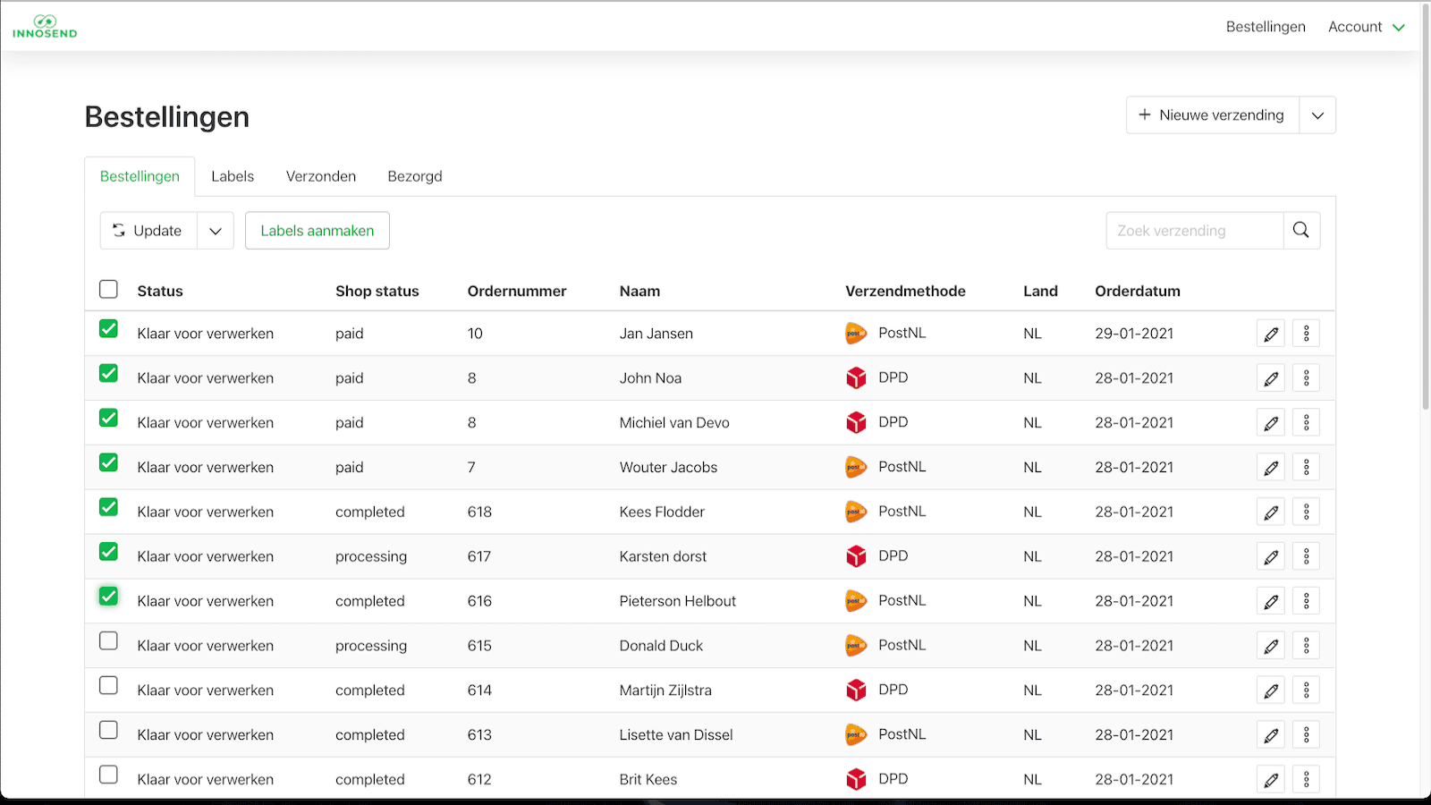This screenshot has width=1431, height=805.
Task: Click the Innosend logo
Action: pyautogui.click(x=45, y=27)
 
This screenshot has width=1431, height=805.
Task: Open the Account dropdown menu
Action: pyautogui.click(x=1366, y=27)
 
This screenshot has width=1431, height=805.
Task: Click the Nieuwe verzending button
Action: pyautogui.click(x=1212, y=115)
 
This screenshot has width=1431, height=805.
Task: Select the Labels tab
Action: pyautogui.click(x=233, y=176)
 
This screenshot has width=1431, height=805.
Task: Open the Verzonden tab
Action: pyautogui.click(x=321, y=176)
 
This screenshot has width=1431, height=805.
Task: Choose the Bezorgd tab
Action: pyautogui.click(x=415, y=176)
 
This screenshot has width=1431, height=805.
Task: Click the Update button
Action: pyautogui.click(x=148, y=231)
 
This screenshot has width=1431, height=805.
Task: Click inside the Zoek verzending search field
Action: pyautogui.click(x=1194, y=231)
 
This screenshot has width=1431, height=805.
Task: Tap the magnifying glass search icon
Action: pyautogui.click(x=1301, y=231)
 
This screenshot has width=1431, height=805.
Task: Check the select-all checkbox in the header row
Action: pyautogui.click(x=108, y=289)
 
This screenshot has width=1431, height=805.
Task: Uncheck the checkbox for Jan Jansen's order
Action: pyautogui.click(x=108, y=329)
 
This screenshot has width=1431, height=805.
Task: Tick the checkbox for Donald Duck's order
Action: pyautogui.click(x=108, y=641)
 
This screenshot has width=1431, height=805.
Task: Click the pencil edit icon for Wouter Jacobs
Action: pyautogui.click(x=1270, y=468)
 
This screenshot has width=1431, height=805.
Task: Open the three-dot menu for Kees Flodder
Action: pyautogui.click(x=1306, y=512)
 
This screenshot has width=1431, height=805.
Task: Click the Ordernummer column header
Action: pyautogui.click(x=517, y=292)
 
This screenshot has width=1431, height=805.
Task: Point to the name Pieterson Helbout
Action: pyautogui.click(x=677, y=601)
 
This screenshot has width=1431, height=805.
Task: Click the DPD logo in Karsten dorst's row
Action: pyautogui.click(x=856, y=556)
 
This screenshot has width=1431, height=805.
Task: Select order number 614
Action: pyautogui.click(x=479, y=691)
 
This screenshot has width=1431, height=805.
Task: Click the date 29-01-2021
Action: pyautogui.click(x=1134, y=334)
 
